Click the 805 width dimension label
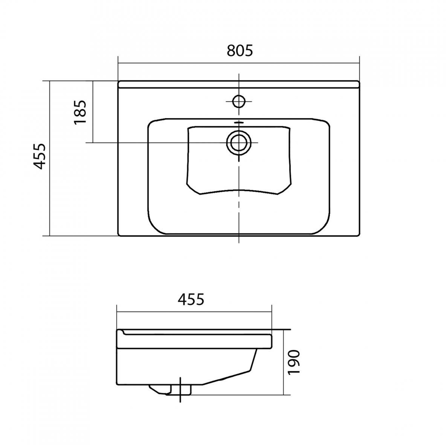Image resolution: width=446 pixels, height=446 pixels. click(240, 51)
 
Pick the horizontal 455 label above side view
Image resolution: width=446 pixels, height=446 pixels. click(191, 299)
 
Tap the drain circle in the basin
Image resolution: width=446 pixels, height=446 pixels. click(239, 143)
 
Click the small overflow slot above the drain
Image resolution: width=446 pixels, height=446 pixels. click(239, 122)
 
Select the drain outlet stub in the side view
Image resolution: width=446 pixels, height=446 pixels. click(171, 390)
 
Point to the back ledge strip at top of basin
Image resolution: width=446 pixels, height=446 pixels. click(239, 84)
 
